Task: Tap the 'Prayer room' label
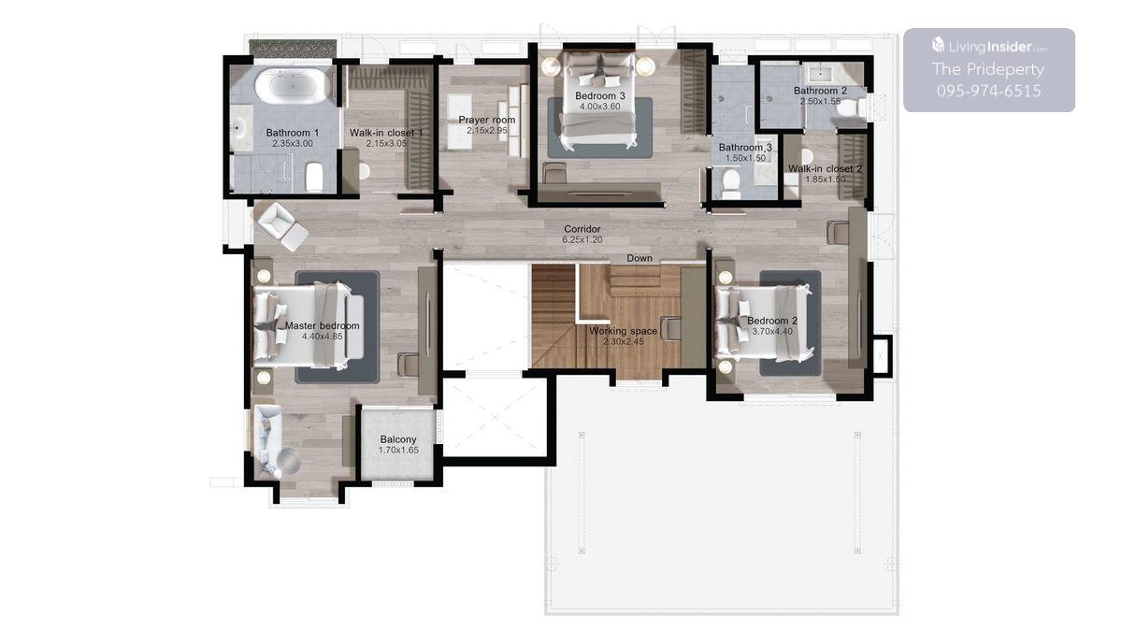click(487, 120)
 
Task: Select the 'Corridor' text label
click(582, 229)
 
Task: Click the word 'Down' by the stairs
click(640, 258)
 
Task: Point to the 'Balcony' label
click(398, 439)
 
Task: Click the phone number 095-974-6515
click(989, 91)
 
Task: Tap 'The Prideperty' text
click(987, 69)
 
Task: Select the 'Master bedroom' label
click(322, 325)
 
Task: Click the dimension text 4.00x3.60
click(599, 107)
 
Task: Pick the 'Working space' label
click(623, 331)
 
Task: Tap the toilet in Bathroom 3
click(731, 183)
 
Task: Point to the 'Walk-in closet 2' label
click(825, 168)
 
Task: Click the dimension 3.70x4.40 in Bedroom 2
click(772, 332)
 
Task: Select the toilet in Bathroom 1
click(314, 177)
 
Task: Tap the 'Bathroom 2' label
click(820, 91)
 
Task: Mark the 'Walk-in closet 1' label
click(386, 133)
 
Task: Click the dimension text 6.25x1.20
click(582, 240)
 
